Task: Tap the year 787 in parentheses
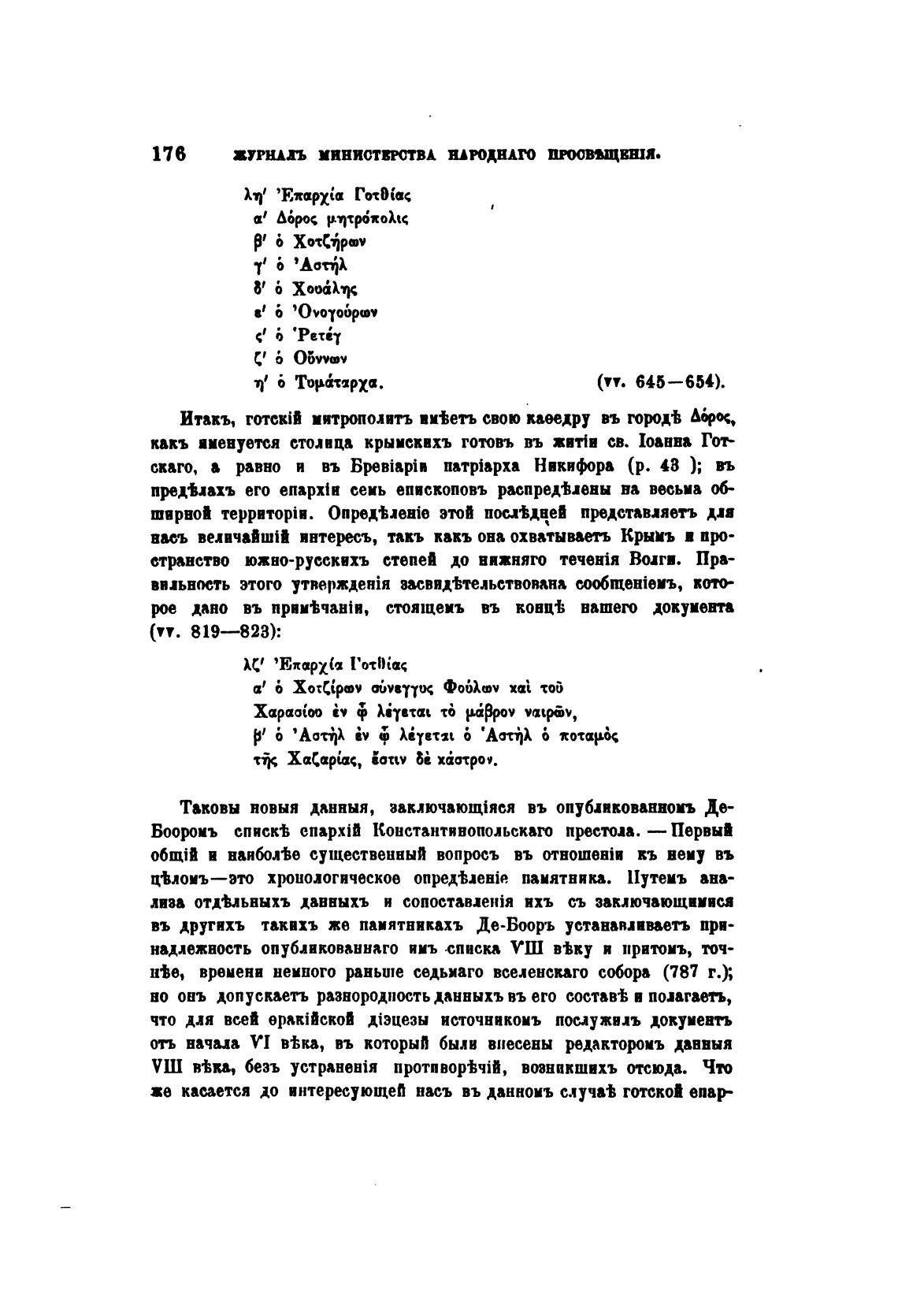[682, 973]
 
